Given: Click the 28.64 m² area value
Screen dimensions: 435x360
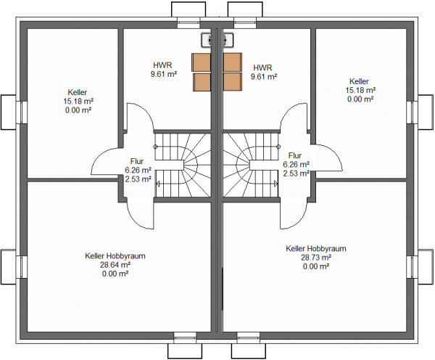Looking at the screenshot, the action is (115, 265).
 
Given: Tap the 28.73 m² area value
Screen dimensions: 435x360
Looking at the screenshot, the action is (316, 257).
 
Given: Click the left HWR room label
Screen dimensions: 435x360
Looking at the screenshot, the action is (162, 65).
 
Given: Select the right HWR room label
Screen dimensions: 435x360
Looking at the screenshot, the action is (262, 67).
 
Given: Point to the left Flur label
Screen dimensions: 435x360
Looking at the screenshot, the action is (137, 161).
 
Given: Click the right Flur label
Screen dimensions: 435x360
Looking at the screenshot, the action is (294, 155).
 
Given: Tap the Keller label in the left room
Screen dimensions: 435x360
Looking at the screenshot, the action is (78, 92).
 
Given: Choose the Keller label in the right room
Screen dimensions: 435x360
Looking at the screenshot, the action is (359, 81).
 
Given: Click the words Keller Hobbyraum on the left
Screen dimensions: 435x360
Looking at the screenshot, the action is (115, 255).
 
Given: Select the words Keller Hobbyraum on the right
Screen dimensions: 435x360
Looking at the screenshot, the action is (316, 248).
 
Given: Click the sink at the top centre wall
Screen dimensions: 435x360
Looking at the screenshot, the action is (217, 40).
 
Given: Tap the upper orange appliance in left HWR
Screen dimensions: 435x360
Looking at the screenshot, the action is (201, 62).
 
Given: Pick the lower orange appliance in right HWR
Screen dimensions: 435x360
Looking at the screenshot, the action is (232, 82).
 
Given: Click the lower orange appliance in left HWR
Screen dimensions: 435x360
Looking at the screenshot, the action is (202, 82).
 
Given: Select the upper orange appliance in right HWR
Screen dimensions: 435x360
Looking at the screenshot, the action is (232, 62).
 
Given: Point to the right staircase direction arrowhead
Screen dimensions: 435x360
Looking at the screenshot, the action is (275, 184).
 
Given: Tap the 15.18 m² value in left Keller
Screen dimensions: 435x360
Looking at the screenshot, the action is (78, 101).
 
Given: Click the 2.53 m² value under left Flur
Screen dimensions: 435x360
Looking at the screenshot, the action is (138, 179).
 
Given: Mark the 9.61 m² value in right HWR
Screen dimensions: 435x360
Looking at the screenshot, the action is (264, 76).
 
